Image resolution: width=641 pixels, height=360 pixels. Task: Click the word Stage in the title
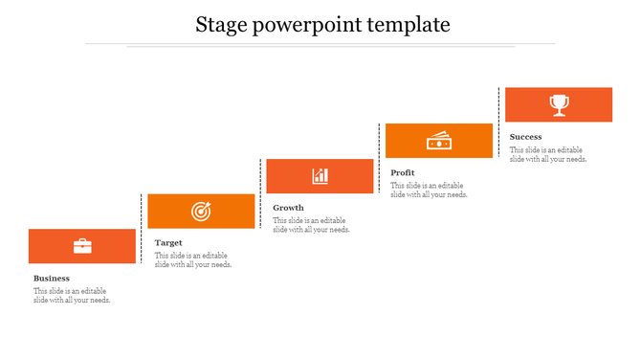tap(219, 25)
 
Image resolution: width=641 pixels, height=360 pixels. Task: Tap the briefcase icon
tap(82, 246)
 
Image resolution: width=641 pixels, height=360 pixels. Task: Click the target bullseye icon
tap(201, 211)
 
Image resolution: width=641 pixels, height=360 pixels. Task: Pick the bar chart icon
tap(320, 176)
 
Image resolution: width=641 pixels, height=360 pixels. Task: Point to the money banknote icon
tap(439, 141)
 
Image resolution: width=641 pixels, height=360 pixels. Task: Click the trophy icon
tap(559, 104)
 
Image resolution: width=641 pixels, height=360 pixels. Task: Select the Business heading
tap(52, 279)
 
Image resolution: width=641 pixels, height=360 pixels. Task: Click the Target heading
tap(168, 243)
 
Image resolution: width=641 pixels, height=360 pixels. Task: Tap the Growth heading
tap(288, 208)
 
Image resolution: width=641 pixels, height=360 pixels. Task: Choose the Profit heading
tap(403, 173)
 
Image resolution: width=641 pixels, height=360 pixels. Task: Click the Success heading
tap(526, 137)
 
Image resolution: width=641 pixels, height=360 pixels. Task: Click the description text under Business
tap(72, 296)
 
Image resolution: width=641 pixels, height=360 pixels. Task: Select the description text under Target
tap(192, 260)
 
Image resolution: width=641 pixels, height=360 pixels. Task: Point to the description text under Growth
tap(311, 225)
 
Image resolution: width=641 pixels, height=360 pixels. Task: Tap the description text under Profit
tap(429, 190)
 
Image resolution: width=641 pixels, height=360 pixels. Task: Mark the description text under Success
tap(548, 154)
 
